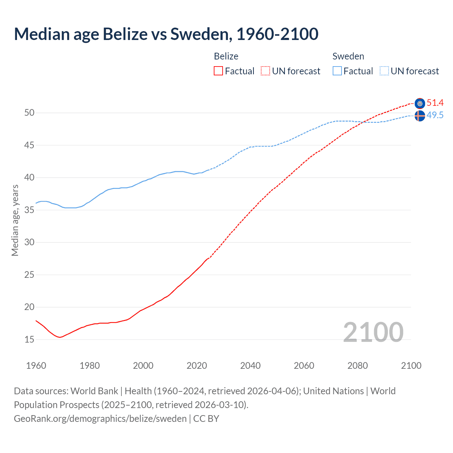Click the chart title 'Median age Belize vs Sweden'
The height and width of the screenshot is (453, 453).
(166, 34)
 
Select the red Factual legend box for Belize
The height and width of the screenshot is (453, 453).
(218, 71)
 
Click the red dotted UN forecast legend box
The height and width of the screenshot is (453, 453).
(265, 71)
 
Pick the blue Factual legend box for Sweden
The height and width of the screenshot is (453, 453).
(337, 71)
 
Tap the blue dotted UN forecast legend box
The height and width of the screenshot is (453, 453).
(384, 71)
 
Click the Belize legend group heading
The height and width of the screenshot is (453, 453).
(226, 56)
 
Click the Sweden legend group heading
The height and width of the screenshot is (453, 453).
(348, 56)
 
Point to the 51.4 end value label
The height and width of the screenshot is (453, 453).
(435, 103)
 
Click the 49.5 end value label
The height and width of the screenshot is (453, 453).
(435, 115)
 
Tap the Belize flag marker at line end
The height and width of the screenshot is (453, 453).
(420, 103)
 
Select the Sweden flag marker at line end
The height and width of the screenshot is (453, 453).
(420, 116)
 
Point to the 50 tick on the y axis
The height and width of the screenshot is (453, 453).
(29, 113)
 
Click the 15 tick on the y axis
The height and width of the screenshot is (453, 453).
(29, 340)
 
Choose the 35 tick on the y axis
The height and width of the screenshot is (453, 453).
(29, 210)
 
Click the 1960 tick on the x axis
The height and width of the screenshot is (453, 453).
(36, 366)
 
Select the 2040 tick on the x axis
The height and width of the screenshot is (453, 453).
(250, 366)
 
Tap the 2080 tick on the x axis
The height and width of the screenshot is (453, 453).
(357, 366)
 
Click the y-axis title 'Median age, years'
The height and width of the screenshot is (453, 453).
(15, 220)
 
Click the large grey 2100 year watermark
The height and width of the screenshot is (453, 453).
(373, 332)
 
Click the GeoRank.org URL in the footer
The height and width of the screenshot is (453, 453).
(100, 419)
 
